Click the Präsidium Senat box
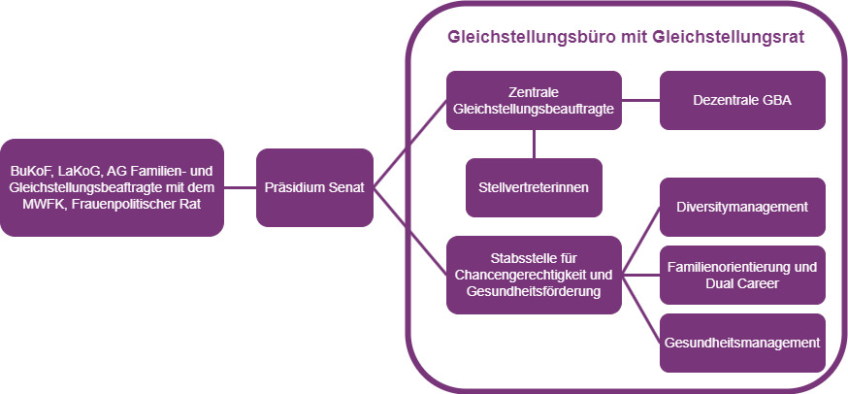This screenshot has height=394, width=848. coord(315,187)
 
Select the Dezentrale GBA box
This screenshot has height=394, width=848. coord(742,100)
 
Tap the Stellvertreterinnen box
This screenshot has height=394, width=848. coord(534,187)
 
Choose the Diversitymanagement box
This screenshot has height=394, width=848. coord(742,207)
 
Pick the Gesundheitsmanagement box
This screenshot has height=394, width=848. coord(742,343)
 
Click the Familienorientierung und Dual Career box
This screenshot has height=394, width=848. coord(742,275)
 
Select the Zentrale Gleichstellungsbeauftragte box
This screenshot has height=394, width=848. coord(534,100)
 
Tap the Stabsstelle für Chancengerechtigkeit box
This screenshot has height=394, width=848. coord(534,275)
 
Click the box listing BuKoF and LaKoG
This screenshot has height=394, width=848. coord(113,187)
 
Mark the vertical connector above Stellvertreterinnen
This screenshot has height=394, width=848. coord(534,144)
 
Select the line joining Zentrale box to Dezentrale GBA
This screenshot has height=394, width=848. coord(640,100)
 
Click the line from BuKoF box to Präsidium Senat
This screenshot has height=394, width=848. coord(241,187)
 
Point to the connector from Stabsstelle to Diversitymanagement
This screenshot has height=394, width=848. coord(640,242)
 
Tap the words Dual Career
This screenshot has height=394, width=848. coord(742,283)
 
